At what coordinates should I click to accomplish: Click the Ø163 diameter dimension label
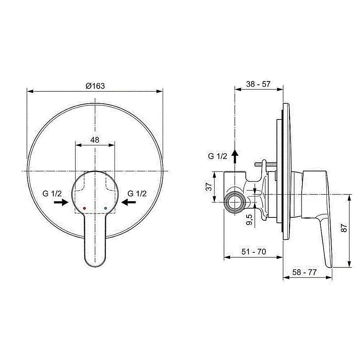tap(95, 86)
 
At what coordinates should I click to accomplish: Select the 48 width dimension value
tap(95, 140)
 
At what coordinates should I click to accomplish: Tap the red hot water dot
tap(84, 208)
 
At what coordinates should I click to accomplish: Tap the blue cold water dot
tap(105, 208)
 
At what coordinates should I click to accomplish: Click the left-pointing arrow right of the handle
tap(129, 203)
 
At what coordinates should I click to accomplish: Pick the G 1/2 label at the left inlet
tap(52, 194)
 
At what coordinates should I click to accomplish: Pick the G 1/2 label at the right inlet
tap(137, 194)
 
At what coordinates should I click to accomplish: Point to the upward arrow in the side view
tap(235, 157)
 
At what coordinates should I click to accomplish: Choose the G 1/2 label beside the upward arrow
tap(217, 156)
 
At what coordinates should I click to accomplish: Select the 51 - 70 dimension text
tap(253, 252)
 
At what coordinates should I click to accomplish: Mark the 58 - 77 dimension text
tap(304, 273)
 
